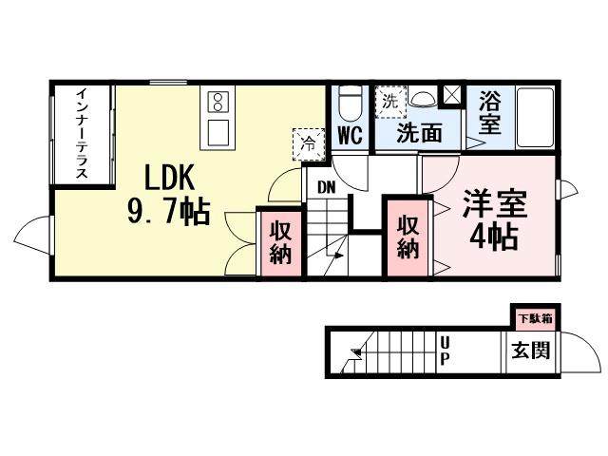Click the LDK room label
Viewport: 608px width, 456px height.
(x=170, y=178)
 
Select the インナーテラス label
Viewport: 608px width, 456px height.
(x=83, y=135)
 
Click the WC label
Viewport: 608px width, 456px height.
(x=351, y=135)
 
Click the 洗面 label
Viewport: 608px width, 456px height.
(x=419, y=134)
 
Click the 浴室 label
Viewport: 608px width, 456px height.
(x=490, y=111)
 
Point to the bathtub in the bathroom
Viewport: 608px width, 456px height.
(x=536, y=118)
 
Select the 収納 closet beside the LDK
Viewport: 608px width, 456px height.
(x=280, y=243)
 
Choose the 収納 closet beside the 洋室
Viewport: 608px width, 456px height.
(x=408, y=237)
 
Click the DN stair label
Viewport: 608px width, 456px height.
(x=326, y=187)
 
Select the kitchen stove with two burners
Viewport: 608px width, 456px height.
(x=216, y=100)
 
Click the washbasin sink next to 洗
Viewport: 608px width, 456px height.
(x=423, y=97)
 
